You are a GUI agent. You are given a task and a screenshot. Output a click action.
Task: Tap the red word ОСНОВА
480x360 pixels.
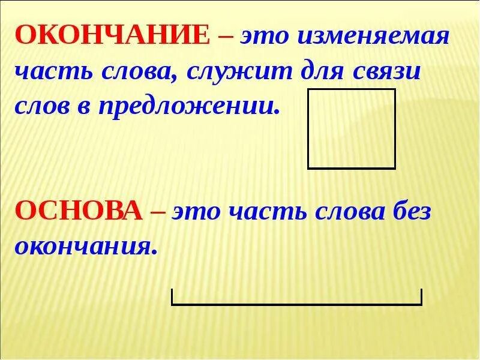click(79, 211)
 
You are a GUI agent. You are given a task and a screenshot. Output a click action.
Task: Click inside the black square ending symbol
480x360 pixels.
click(351, 128)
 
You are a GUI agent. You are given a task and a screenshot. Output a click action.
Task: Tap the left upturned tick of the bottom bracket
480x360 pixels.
click(173, 296)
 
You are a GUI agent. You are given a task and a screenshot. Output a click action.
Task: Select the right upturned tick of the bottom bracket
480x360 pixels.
click(421, 296)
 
